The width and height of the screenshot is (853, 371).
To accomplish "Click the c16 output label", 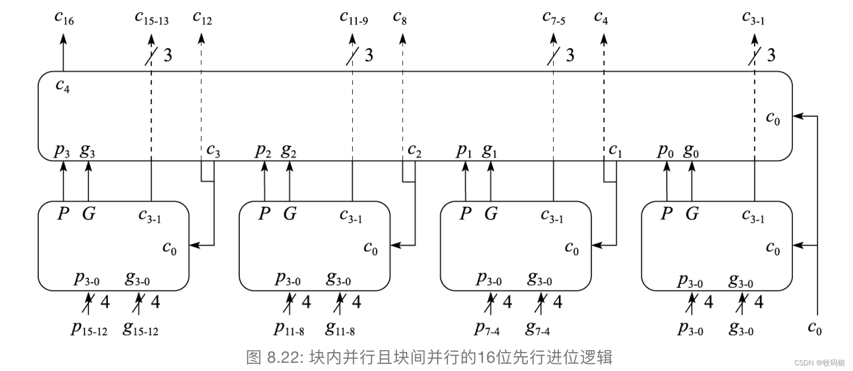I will pyautogui.click(x=64, y=18).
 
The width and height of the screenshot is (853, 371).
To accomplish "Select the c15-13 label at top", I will pyautogui.click(x=151, y=18).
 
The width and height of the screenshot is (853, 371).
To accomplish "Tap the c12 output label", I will pyautogui.click(x=202, y=18).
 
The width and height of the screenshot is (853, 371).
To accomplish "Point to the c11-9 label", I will pyautogui.click(x=353, y=18).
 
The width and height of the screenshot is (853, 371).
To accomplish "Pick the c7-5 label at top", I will pyautogui.click(x=554, y=19).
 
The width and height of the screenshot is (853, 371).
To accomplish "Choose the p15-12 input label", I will pyautogui.click(x=89, y=329).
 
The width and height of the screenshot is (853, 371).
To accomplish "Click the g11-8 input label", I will pyautogui.click(x=340, y=329).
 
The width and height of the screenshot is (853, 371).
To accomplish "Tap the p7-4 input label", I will pyautogui.click(x=487, y=329).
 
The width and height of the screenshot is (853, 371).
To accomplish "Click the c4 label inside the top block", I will pyautogui.click(x=62, y=86).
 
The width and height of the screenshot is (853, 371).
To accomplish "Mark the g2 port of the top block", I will pyautogui.click(x=289, y=151).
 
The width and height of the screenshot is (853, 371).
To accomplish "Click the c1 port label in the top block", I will pyautogui.click(x=615, y=151).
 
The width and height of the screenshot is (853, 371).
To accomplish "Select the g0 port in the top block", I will pyautogui.click(x=691, y=151).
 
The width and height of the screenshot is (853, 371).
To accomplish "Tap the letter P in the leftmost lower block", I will pyautogui.click(x=63, y=213).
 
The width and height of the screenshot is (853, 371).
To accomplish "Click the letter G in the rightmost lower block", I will pyautogui.click(x=692, y=213).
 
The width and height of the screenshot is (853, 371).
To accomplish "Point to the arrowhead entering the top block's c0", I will pyautogui.click(x=798, y=116).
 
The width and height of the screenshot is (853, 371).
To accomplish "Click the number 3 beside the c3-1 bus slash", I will pyautogui.click(x=771, y=55).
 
